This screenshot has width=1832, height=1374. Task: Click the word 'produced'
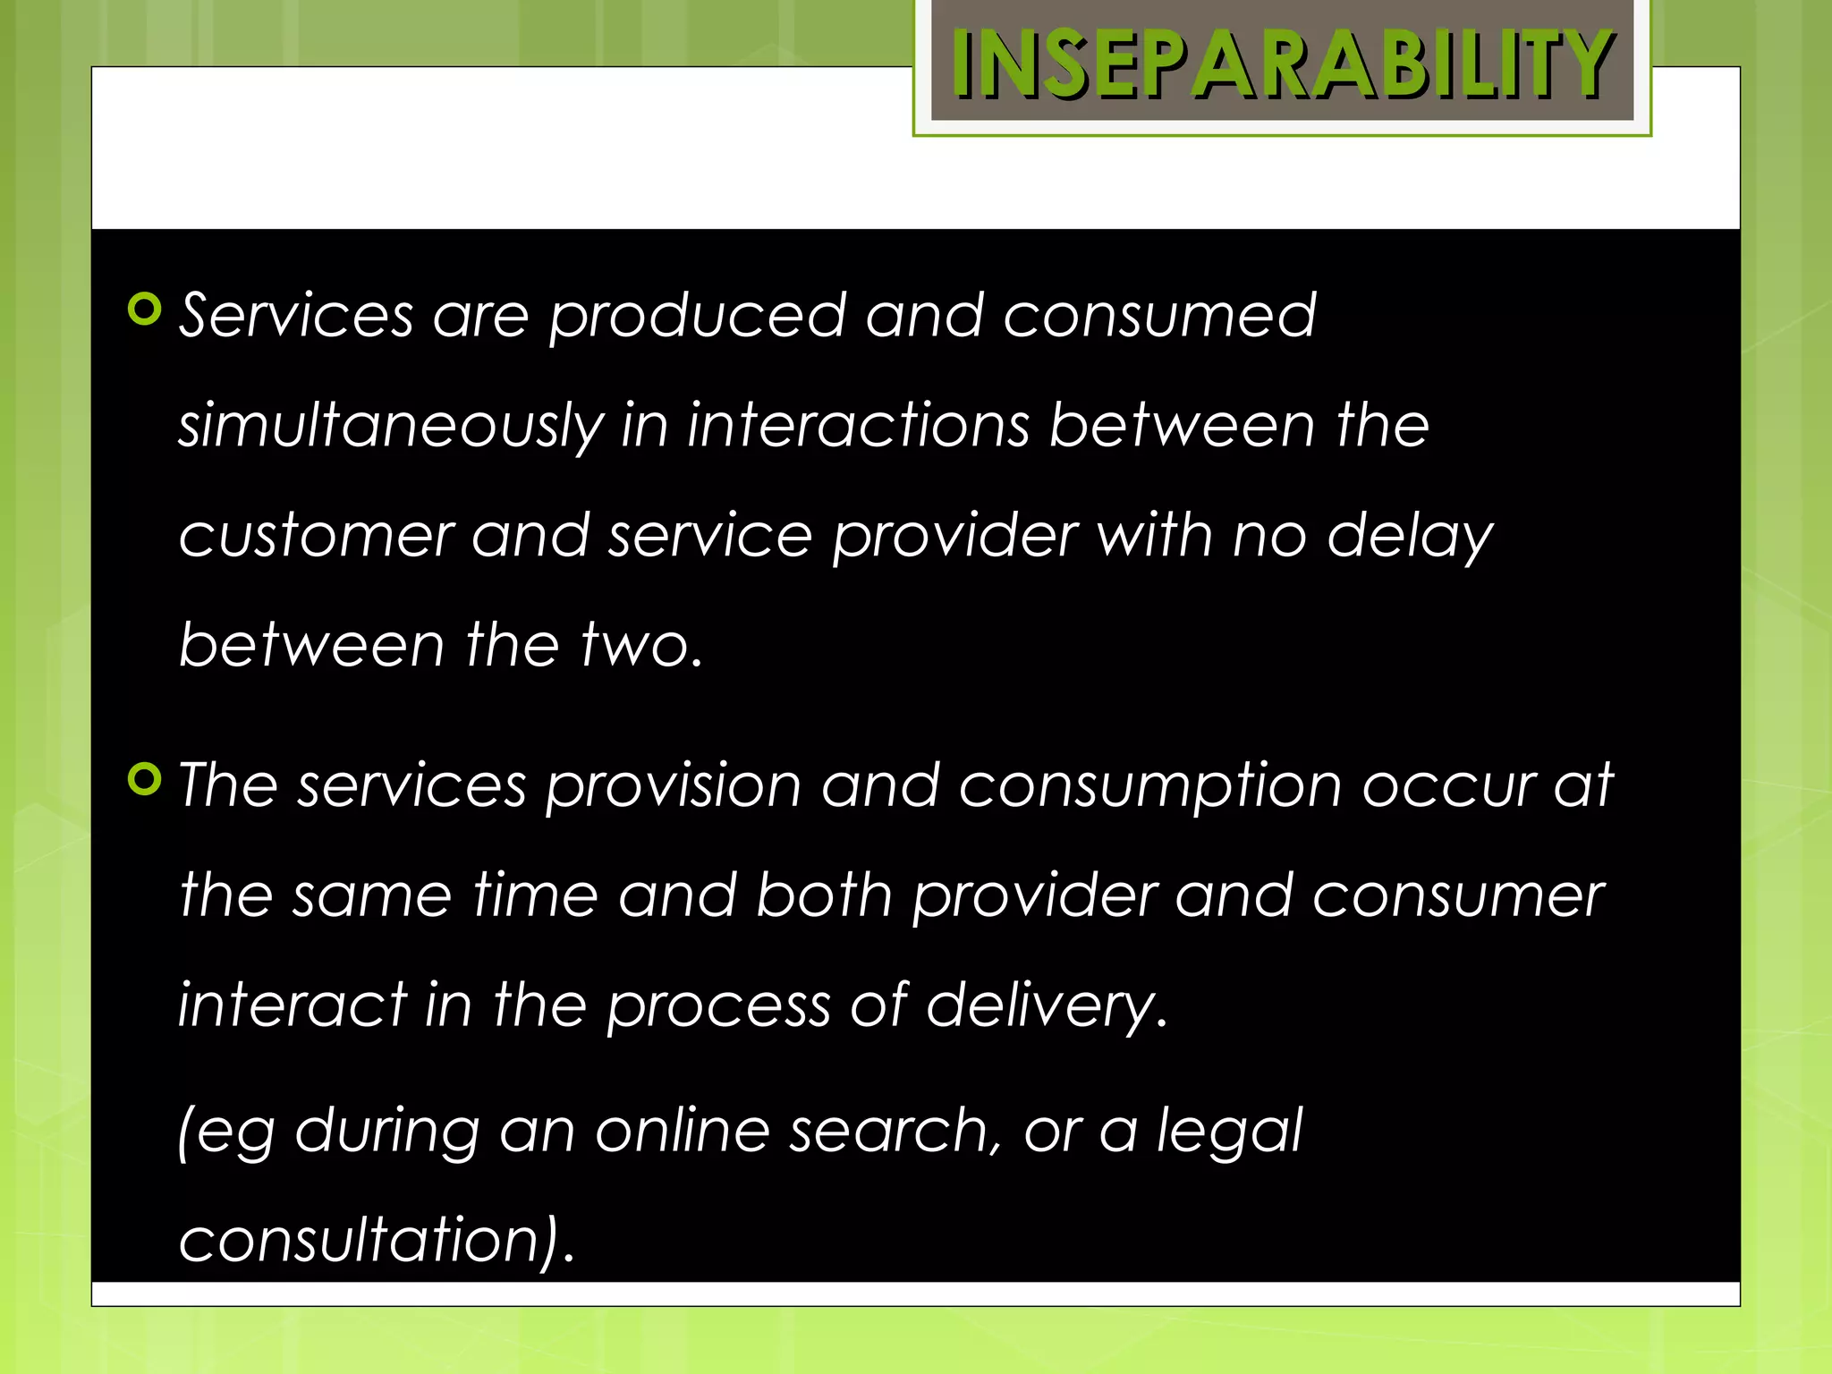pos(697,318)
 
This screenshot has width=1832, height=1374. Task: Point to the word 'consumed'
pos(1159,316)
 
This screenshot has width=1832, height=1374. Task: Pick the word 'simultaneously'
pos(391,427)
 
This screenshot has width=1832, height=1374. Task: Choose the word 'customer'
pos(317,537)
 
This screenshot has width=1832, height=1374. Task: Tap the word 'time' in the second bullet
pos(535,895)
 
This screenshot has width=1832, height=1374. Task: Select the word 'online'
pos(682,1131)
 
